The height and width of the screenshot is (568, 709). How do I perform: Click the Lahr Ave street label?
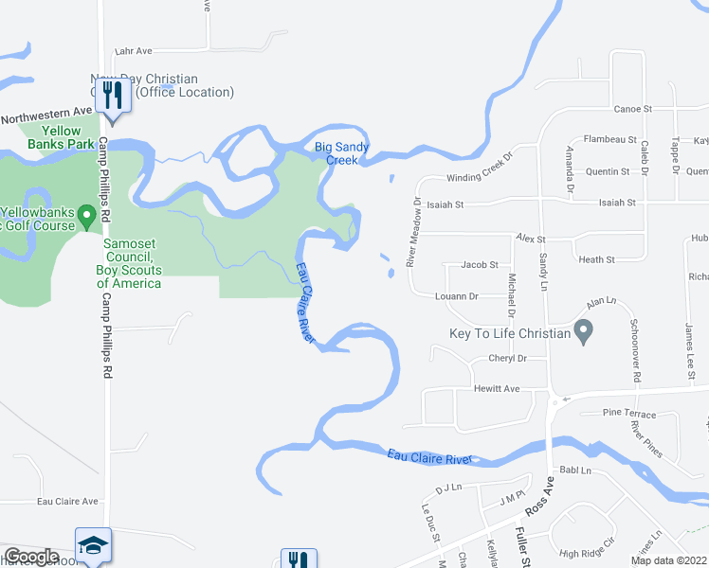tap(133, 51)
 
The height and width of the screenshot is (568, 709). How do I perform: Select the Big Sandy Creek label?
tap(336, 153)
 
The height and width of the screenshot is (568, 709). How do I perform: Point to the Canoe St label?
tap(633, 110)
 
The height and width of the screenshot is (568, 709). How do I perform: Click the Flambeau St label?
tap(609, 139)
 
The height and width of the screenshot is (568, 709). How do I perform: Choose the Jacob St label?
tap(479, 266)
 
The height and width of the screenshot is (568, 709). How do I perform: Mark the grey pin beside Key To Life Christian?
tap(584, 331)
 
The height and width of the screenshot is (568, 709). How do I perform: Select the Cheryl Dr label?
tap(507, 359)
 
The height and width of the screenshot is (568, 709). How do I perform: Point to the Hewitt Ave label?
tap(497, 389)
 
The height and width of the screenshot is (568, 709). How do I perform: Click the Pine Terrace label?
tap(628, 415)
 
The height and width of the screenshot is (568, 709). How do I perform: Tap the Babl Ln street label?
tap(574, 470)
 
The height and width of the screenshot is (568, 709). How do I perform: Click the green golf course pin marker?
tap(88, 218)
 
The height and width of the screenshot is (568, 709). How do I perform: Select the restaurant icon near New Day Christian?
tap(114, 93)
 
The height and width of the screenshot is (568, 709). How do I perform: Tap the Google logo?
tap(31, 557)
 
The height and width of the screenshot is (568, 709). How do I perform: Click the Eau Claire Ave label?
tap(67, 502)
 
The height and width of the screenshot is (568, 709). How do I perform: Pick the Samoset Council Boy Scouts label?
tap(129, 263)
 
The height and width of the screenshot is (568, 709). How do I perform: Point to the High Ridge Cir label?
tap(587, 554)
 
